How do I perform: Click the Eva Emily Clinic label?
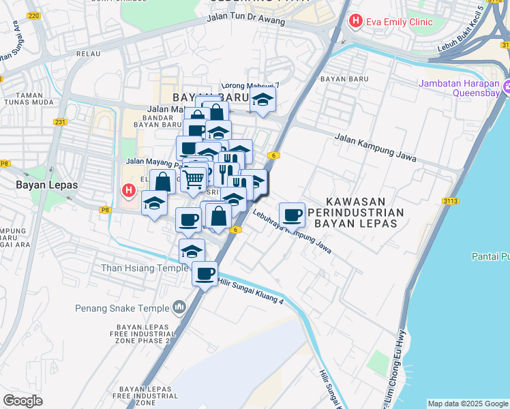[x=399, y=22]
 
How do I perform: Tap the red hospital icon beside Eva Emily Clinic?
[x=355, y=22]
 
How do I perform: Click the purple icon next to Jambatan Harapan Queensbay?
[x=507, y=87]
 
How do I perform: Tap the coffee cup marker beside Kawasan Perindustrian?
[x=292, y=215]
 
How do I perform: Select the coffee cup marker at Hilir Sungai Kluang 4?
[x=205, y=274]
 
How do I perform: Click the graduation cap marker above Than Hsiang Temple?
[x=192, y=251]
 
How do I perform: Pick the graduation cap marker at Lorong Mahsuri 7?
[x=263, y=100]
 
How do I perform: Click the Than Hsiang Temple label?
[x=145, y=268]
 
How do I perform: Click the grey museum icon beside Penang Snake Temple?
[x=180, y=307]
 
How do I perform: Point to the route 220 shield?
[x=35, y=14]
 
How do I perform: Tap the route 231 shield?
[x=60, y=123]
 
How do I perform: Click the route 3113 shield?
[x=450, y=200]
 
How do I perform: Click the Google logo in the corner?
[x=22, y=400]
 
